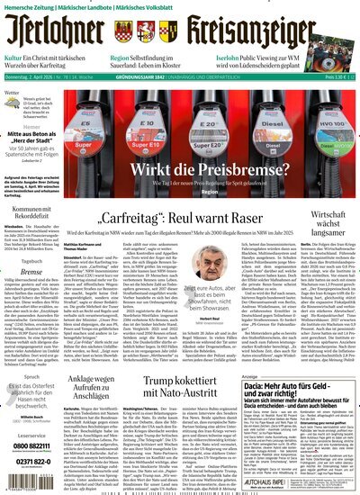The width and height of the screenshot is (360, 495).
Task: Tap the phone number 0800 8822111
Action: click(35, 445)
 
